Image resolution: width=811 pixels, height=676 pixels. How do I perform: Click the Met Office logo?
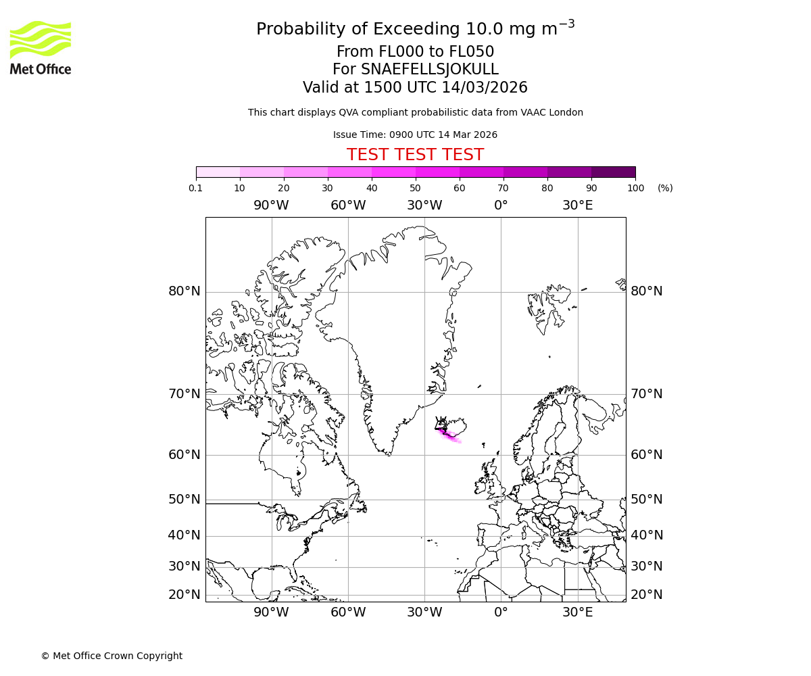pos(41,47)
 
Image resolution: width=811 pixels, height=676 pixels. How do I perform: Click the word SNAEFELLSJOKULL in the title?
pos(430,70)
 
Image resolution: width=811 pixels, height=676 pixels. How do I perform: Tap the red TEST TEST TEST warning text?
pos(415,155)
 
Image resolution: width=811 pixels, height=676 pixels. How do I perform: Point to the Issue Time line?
pos(415,135)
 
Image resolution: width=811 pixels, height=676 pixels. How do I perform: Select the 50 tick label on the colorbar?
pos(415,188)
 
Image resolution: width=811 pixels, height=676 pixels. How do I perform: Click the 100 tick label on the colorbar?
pos(635,188)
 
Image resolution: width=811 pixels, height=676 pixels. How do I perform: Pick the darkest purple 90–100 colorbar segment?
pos(613,172)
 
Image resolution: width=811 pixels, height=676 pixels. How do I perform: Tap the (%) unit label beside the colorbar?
pos(665,188)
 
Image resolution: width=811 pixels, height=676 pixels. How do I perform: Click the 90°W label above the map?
pos(271,206)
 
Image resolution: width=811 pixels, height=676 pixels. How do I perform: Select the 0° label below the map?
pos(501,612)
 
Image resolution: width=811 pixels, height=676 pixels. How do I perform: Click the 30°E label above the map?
pos(577,206)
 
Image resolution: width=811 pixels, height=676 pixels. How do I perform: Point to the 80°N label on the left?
pos(185,291)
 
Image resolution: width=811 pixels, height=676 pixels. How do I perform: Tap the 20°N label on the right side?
pos(647,595)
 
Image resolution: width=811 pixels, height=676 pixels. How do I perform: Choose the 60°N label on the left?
pos(185,455)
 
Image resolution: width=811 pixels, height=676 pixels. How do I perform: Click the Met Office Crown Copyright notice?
pos(112,656)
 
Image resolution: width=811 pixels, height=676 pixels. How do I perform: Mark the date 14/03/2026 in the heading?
pos(485,88)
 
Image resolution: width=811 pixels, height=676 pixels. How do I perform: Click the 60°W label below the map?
pos(348,612)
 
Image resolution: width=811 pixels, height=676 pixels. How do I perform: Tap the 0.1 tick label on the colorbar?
pos(196,188)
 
